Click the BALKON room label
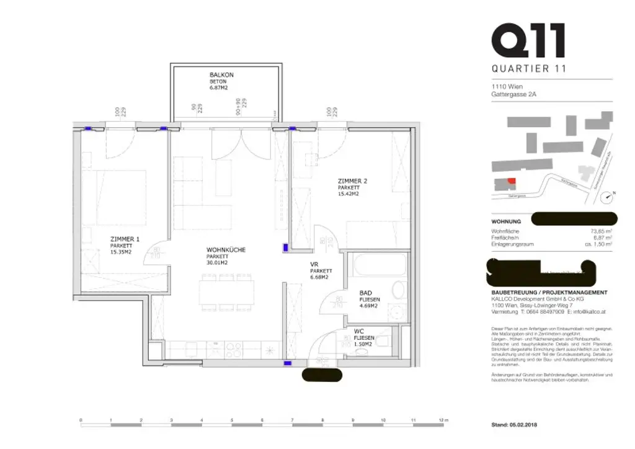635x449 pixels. point(221,74)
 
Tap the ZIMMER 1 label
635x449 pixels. point(125,239)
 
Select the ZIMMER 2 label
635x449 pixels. point(353,180)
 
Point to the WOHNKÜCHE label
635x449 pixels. point(226,250)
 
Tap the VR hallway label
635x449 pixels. point(314,264)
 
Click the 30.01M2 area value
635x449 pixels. point(217,263)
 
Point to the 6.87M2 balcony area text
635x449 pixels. point(219,88)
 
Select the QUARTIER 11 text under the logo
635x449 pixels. point(528,69)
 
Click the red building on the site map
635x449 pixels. point(511,180)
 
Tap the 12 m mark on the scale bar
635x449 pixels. point(441,420)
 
